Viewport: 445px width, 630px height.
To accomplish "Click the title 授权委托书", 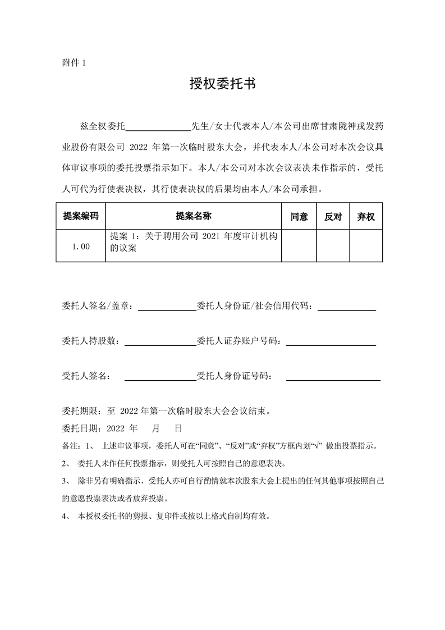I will click(222, 84).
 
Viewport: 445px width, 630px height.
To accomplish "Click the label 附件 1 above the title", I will click(74, 63).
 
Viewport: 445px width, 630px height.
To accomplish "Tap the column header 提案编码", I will click(81, 216).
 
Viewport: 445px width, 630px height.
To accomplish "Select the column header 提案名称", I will click(193, 216).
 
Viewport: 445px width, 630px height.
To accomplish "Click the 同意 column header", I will click(299, 217).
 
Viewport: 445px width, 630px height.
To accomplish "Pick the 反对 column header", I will click(333, 217).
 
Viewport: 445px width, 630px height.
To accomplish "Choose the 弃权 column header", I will click(366, 217).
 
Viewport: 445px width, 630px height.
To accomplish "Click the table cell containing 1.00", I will click(81, 245).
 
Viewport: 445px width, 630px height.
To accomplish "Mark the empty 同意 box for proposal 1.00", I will click(299, 245).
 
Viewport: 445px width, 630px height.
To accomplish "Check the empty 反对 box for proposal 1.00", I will click(333, 245).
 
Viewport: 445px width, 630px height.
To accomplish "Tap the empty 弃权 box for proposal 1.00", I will click(366, 245).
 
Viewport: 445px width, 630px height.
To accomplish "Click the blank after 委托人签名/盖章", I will click(167, 307).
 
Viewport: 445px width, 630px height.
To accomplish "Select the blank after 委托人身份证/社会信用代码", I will click(347, 307).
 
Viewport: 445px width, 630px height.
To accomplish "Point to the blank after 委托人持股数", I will click(159, 341).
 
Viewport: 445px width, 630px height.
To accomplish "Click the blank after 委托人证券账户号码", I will click(331, 341).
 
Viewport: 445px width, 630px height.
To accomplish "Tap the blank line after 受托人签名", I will click(159, 377).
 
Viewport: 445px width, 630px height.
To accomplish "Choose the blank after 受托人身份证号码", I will click(333, 377).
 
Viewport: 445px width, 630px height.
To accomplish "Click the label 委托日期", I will click(79, 428).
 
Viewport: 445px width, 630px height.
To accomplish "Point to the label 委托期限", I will click(79, 410).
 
